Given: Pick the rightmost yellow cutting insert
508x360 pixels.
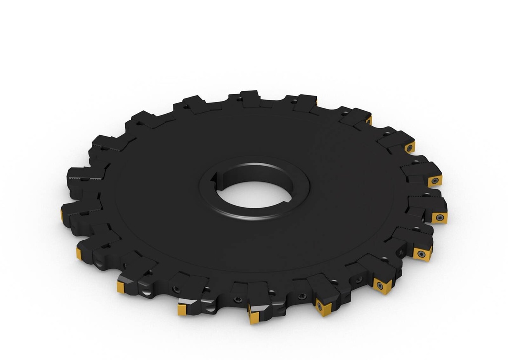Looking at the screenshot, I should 439,217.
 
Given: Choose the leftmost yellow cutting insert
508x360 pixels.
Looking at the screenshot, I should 62,214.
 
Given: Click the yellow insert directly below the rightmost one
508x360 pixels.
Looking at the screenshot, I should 422,253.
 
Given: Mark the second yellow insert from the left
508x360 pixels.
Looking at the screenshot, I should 79,253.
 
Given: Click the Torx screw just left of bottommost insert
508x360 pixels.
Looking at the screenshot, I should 237,299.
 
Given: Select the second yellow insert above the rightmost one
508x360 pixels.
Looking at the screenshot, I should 410,147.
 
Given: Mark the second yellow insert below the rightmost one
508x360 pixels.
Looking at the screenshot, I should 382,285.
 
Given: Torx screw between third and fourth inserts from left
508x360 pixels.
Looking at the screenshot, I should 175,289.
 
